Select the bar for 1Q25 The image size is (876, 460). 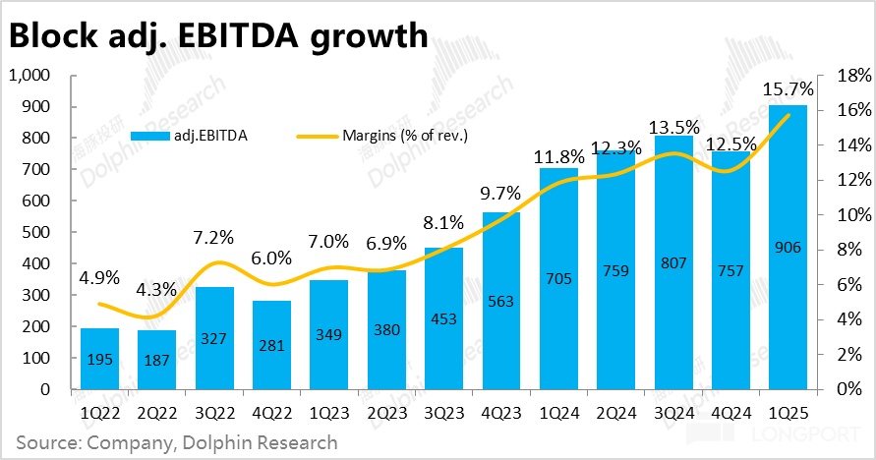pyautogui.click(x=788, y=247)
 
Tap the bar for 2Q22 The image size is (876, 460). pyautogui.click(x=156, y=360)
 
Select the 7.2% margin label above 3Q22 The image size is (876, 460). pyautogui.click(x=213, y=237)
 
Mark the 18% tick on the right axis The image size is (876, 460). pyautogui.click(x=847, y=76)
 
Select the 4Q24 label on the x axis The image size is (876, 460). pyautogui.click(x=730, y=413)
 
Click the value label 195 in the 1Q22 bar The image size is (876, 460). pyautogui.click(x=98, y=360)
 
